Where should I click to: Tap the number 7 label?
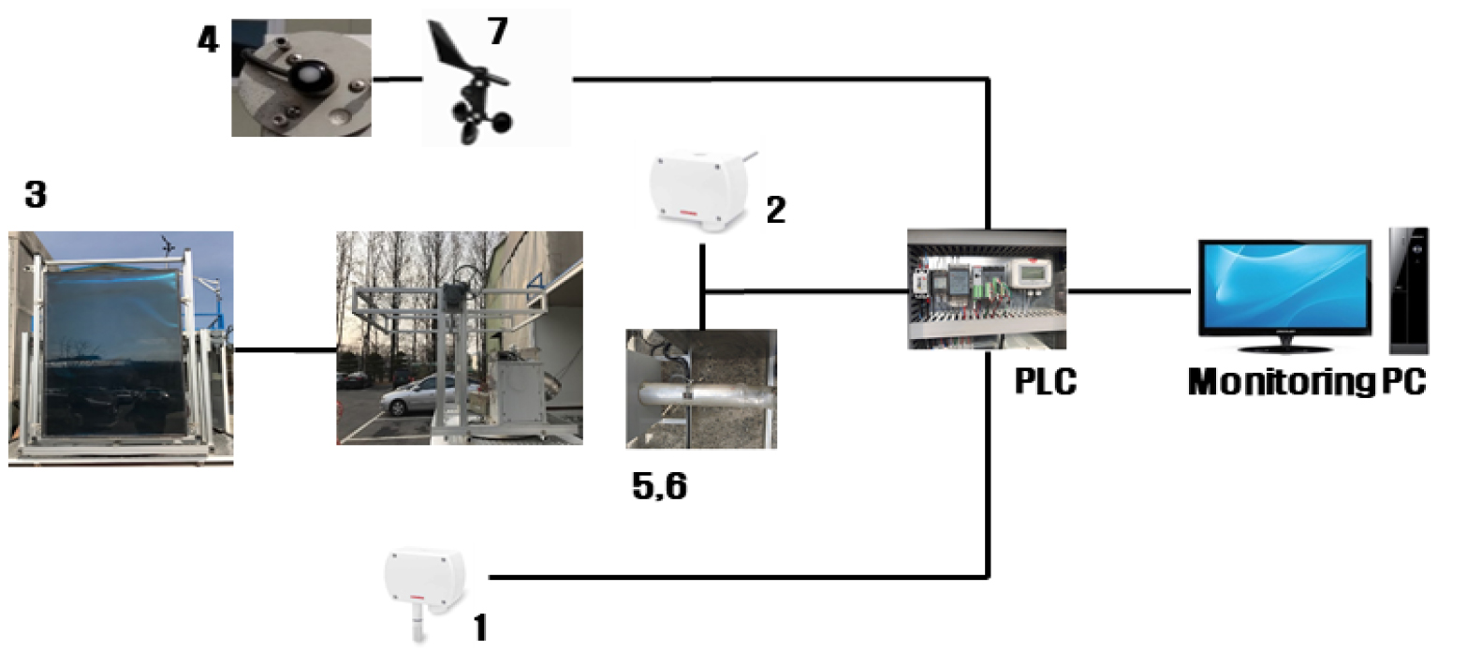(x=496, y=31)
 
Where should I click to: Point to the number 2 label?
(x=774, y=210)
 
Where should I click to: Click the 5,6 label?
(x=660, y=487)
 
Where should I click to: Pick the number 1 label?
(x=479, y=627)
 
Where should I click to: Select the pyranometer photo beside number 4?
(x=301, y=78)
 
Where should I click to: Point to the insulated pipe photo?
(x=700, y=389)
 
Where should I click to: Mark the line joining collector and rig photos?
(x=285, y=350)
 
